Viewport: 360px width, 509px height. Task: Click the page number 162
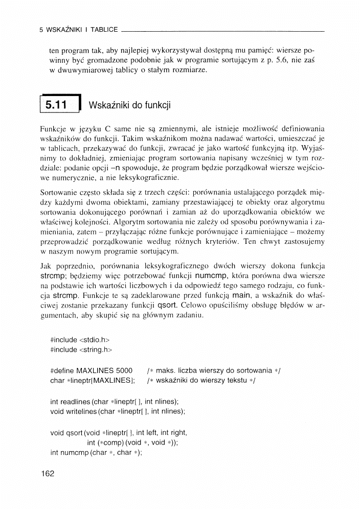pyautogui.click(x=47, y=474)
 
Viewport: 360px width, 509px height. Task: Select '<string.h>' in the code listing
pyautogui.click(x=96, y=350)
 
